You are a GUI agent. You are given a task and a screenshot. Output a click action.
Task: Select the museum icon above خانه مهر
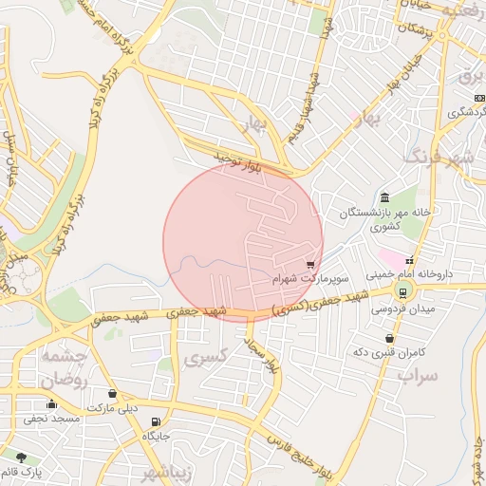pos(383,197)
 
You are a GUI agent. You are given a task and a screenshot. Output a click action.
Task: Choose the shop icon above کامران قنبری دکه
pos(389,338)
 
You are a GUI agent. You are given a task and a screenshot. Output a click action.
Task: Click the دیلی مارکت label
pos(113,408)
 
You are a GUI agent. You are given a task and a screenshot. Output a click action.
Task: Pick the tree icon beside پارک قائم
pos(21,458)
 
